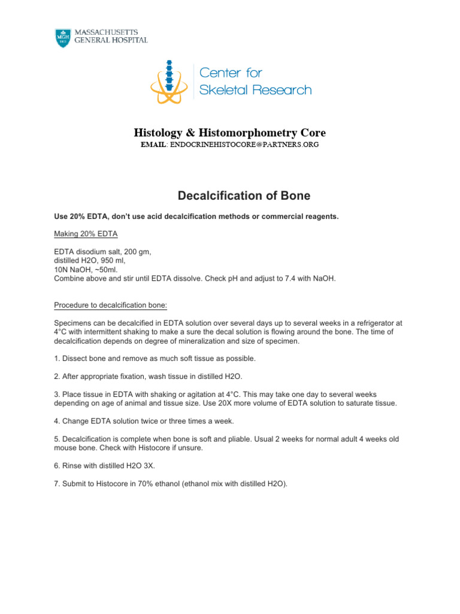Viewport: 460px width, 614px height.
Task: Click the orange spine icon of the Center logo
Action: [x=170, y=81]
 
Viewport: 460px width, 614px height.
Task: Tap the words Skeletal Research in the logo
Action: [x=255, y=90]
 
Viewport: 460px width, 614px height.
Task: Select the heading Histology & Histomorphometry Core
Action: [x=229, y=133]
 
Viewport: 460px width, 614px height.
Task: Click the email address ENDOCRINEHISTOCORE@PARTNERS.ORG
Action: [x=244, y=145]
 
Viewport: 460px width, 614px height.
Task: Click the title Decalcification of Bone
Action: [x=244, y=196]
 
